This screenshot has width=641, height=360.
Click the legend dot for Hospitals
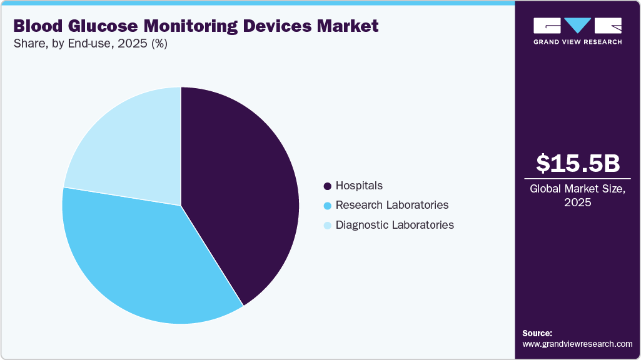tap(327, 186)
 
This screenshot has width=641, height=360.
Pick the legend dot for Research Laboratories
tap(327, 206)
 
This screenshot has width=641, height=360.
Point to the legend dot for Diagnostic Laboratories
tap(327, 225)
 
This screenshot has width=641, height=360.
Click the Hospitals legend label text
tap(359, 186)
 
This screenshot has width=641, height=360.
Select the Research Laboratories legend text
tap(391, 205)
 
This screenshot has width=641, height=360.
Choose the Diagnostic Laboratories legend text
tap(395, 224)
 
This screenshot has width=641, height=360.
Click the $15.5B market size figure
tap(578, 163)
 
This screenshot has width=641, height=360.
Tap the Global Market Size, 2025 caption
tap(578, 196)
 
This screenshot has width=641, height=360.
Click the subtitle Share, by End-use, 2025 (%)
tap(90, 44)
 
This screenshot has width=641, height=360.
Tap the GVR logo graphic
tap(577, 26)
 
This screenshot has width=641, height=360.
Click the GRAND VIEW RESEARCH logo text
tap(577, 42)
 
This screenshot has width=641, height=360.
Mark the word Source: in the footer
tap(537, 333)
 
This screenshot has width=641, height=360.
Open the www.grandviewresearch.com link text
tap(577, 344)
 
